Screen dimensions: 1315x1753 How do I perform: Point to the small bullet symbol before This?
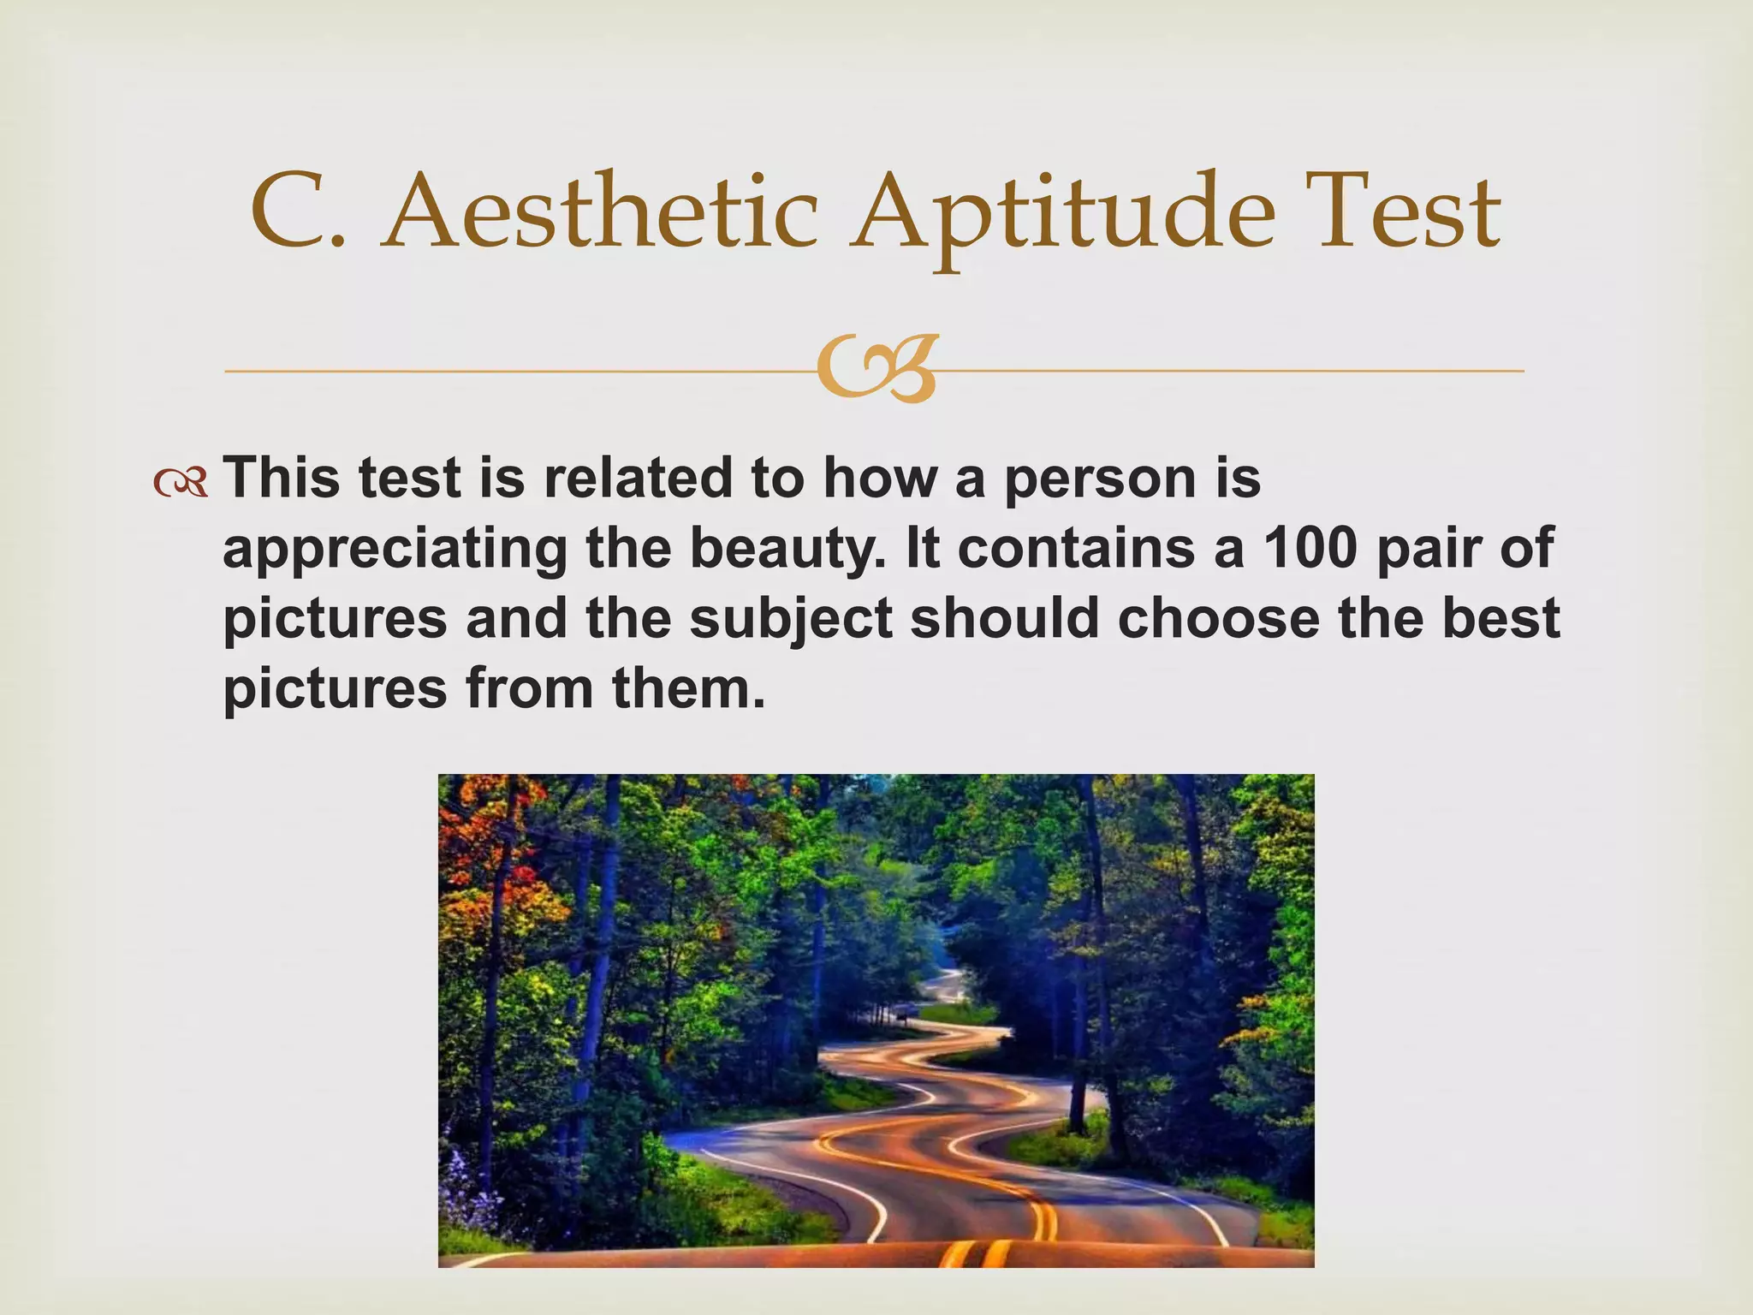(181, 485)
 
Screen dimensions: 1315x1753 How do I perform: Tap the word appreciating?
(395, 548)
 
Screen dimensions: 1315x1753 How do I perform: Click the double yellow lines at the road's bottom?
(976, 1255)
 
